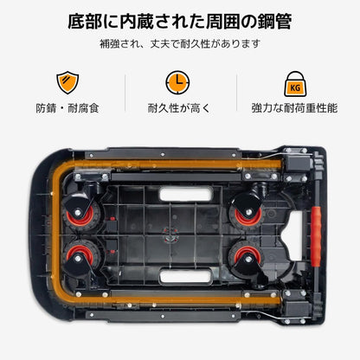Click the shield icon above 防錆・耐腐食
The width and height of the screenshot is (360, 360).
click(x=67, y=83)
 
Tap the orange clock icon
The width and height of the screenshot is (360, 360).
click(x=178, y=83)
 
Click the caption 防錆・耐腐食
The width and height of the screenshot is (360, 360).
click(x=67, y=110)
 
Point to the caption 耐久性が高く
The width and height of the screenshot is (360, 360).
click(x=178, y=110)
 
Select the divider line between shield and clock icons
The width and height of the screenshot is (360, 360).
click(x=123, y=93)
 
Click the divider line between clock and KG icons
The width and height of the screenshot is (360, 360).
click(x=235, y=93)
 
